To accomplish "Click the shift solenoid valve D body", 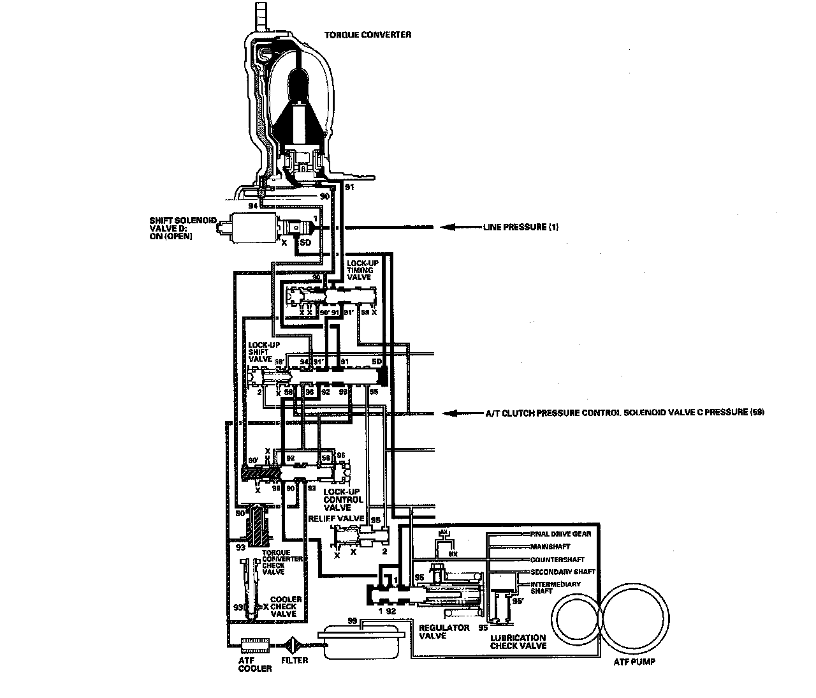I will tap(252, 228).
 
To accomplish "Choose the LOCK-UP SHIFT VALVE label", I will tap(261, 352).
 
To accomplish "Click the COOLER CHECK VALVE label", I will tap(286, 607).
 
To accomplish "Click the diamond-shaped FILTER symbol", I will tap(294, 645).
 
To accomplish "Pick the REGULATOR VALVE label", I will tap(444, 632).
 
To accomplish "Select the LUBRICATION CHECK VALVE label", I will tap(518, 641).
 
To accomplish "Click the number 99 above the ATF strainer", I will tap(351, 620).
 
